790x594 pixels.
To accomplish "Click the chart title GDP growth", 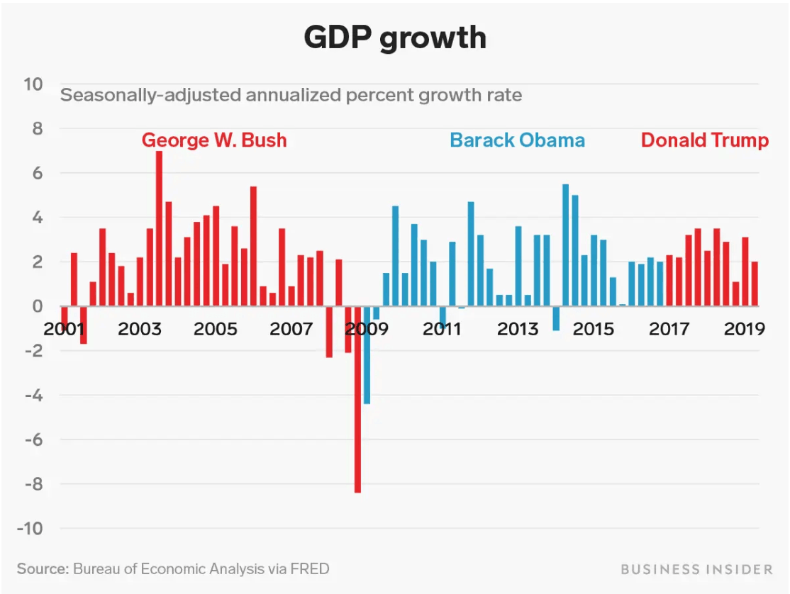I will tap(395, 38).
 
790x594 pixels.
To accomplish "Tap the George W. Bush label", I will tap(214, 140).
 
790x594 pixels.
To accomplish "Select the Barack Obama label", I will tap(517, 140).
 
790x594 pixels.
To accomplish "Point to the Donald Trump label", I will tap(704, 140).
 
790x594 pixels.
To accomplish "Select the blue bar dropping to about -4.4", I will tap(367, 354).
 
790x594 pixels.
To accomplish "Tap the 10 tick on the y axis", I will tap(33, 84).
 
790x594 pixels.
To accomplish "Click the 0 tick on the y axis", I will tap(37, 306).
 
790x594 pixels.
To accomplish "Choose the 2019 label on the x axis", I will tap(744, 330).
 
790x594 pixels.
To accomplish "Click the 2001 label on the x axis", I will tap(65, 330).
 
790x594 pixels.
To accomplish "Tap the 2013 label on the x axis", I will tap(518, 330).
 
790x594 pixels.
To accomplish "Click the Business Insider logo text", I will tap(696, 569).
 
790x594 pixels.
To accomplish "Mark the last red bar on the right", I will tap(755, 284).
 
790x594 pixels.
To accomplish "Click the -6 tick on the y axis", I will tap(33, 439).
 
